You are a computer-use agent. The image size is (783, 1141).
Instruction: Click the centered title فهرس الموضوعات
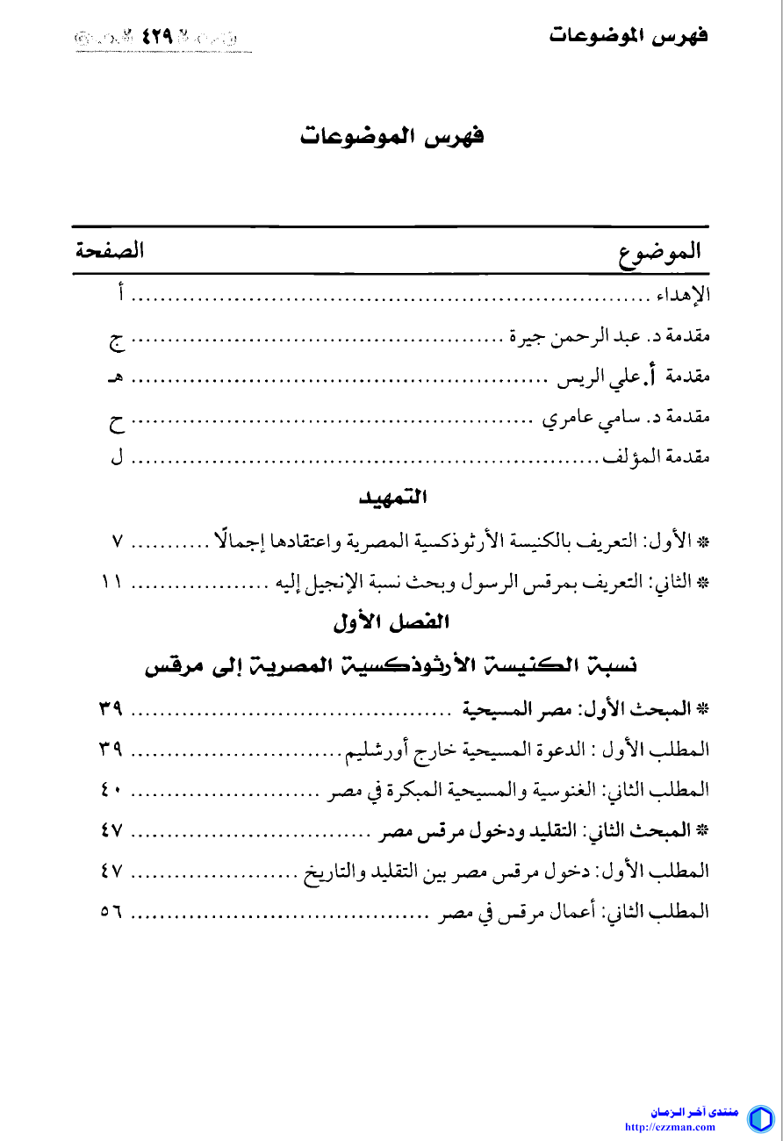tap(391, 138)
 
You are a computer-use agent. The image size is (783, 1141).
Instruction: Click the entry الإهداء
tap(684, 295)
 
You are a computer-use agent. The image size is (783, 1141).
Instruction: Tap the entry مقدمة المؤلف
tap(655, 457)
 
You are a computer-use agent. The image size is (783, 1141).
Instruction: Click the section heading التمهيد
tap(393, 499)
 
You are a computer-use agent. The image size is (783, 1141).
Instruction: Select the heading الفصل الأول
tap(391, 623)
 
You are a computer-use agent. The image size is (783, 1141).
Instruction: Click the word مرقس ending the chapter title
tap(169, 666)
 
